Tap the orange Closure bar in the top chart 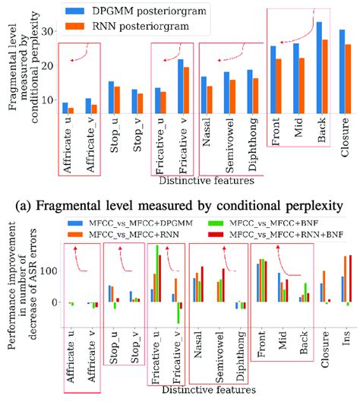349,80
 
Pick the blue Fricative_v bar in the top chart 179,87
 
